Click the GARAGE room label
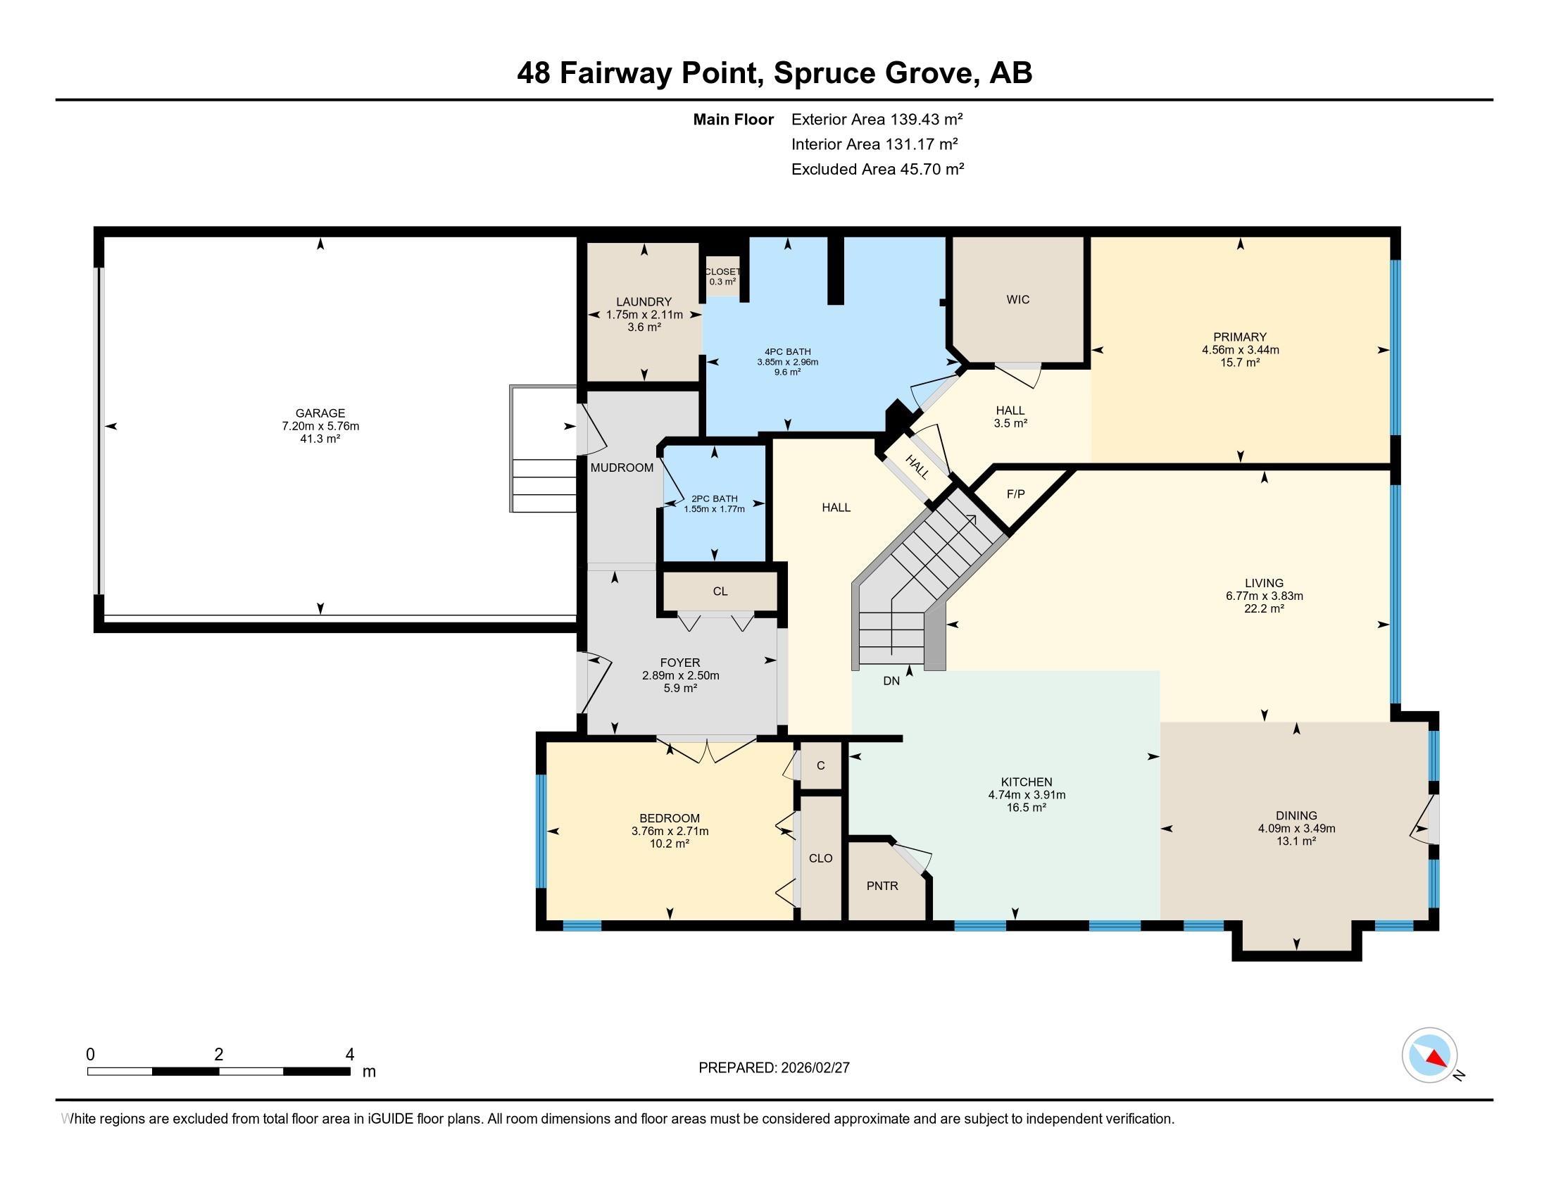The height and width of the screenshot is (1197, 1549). point(320,413)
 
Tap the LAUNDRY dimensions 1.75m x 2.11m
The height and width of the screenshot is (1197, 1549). point(644,315)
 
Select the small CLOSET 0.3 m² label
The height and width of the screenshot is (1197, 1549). point(722,277)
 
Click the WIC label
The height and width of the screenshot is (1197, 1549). point(1018,300)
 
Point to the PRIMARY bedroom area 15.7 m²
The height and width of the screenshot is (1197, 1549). point(1240,363)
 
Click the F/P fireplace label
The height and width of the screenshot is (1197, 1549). point(1015,494)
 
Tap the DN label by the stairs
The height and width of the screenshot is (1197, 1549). point(891,681)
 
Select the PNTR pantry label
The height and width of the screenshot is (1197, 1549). point(882,886)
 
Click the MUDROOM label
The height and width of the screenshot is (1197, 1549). point(622,468)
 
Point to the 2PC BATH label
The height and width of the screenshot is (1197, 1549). point(714,499)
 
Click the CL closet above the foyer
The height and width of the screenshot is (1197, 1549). point(720,591)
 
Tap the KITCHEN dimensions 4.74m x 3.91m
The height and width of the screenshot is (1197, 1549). point(1027,795)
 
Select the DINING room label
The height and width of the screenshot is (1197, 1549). point(1296,815)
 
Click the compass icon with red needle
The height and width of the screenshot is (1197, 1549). point(1429,1055)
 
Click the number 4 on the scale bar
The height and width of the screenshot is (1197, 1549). point(349,1055)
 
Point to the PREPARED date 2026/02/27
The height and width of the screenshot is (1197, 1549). point(774,1067)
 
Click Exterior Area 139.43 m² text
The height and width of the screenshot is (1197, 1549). point(877,119)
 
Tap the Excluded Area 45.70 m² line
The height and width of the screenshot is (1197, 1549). point(877,169)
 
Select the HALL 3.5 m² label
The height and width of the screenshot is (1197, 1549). point(1010,416)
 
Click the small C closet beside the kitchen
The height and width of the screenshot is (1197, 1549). point(820,765)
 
